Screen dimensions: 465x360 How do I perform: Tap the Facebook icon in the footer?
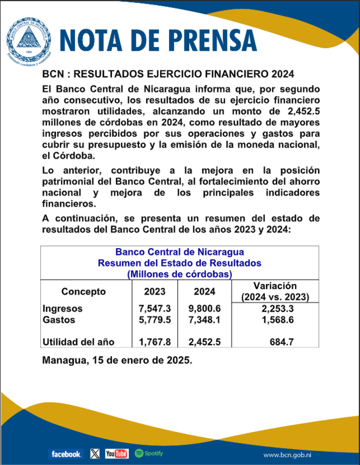coord(65,454)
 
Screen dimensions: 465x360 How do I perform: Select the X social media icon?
coord(95,454)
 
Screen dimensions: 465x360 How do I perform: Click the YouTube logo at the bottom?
coord(117,454)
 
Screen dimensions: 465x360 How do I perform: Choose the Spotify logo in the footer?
coord(149,453)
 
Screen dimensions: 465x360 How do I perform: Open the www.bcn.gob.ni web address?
coord(290,455)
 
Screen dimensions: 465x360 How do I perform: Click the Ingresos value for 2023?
coord(154,309)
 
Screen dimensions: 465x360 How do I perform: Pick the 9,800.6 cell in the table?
coord(205,309)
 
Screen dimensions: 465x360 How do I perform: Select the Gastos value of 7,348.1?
coord(205,320)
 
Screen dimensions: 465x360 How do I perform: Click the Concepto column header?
coord(83,291)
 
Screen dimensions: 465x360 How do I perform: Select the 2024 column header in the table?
coord(204,291)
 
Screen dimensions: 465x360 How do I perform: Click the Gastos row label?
coord(58,320)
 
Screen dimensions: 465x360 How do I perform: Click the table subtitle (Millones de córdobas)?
coord(179,274)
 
